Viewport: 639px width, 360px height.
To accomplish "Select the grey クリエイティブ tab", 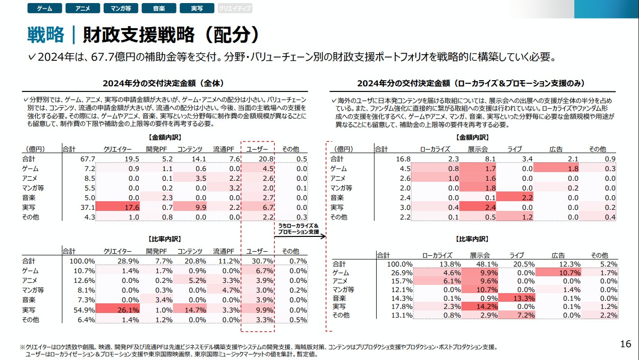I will pyautogui.click(x=234, y=9).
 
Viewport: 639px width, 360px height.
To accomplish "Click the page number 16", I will pyautogui.click(x=626, y=344).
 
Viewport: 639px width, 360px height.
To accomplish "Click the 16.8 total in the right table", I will pyautogui.click(x=397, y=159).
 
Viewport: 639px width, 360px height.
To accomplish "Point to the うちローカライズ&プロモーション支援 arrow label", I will pyautogui.click(x=299, y=229).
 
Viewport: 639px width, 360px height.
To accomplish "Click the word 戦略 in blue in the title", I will pyautogui.click(x=46, y=35).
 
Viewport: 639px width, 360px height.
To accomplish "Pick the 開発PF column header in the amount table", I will pyautogui.click(x=156, y=149).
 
